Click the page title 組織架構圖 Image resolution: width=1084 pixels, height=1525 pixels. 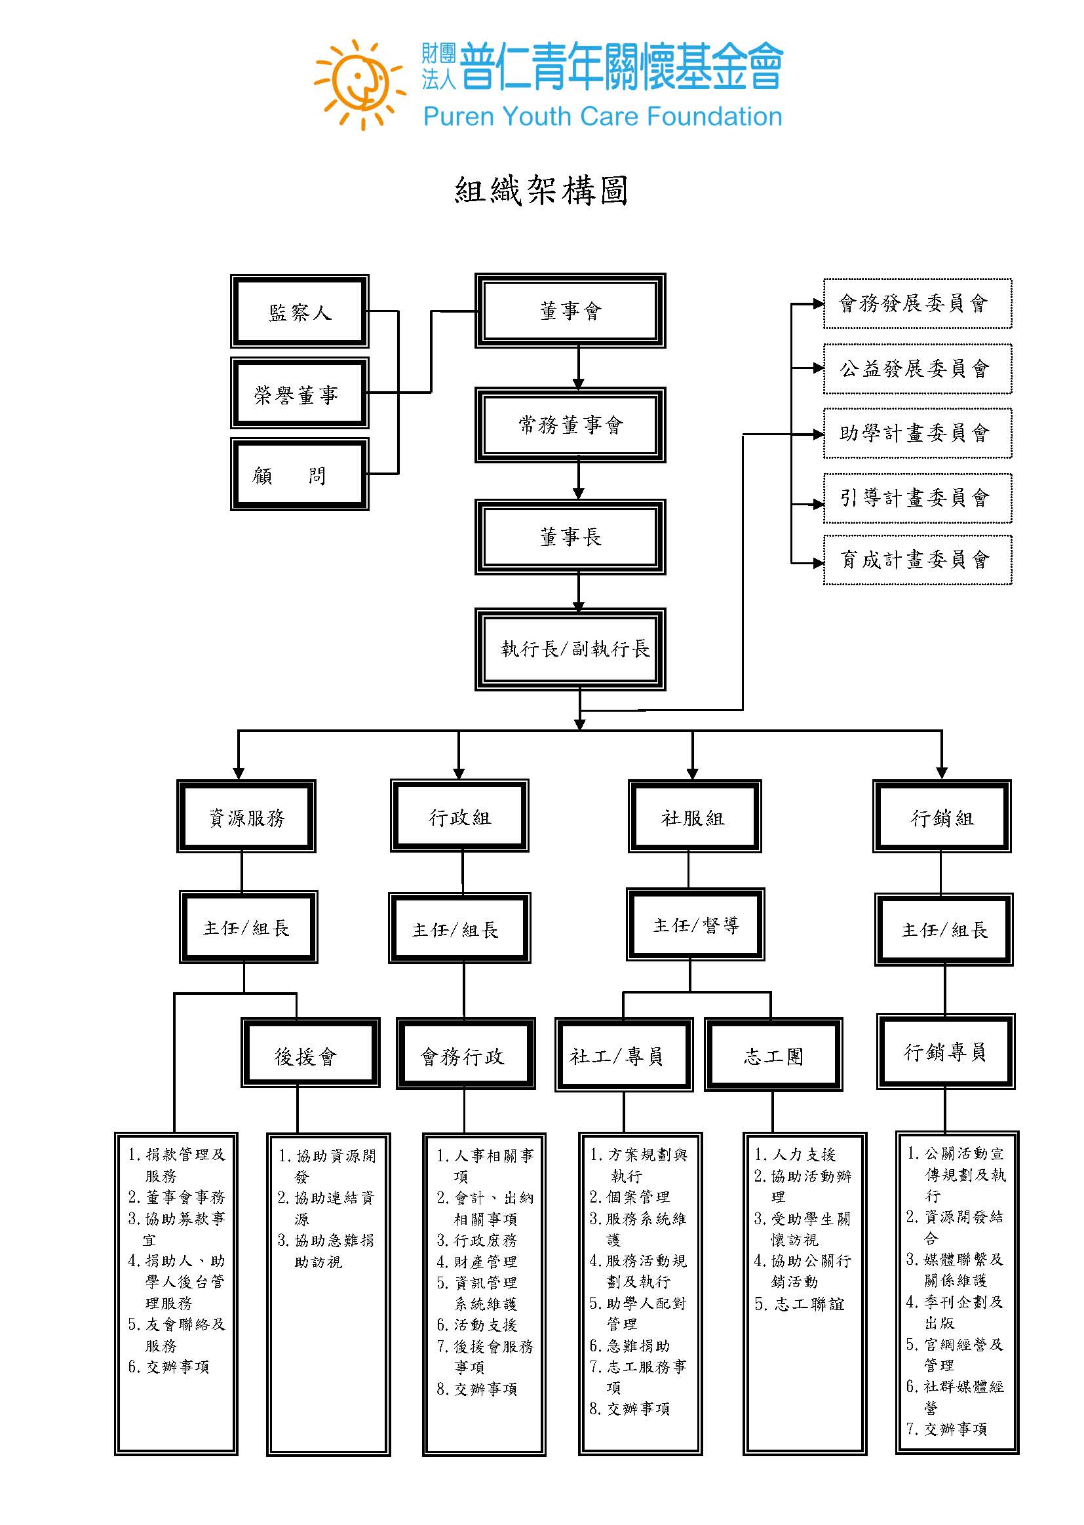541,191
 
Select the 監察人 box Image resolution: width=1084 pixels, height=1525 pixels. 300,311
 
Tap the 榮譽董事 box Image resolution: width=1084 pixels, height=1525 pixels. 300,393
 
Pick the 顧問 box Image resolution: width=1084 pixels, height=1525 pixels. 300,474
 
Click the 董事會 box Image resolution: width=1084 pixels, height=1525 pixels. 571,311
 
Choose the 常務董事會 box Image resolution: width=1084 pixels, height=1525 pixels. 571,425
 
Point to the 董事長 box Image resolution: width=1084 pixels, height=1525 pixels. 571,537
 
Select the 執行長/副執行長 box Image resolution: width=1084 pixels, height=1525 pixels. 571,649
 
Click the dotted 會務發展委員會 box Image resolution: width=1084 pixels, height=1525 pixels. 918,303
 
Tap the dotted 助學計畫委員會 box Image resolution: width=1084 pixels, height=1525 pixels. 918,433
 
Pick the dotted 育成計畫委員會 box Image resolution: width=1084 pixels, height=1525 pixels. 918,560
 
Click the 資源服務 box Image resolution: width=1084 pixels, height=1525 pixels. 246,816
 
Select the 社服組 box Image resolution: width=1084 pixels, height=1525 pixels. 694,816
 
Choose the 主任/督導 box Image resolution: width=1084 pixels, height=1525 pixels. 695,924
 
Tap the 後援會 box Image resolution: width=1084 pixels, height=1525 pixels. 311,1053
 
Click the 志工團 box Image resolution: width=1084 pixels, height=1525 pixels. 773,1054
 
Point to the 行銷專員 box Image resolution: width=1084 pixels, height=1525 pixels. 946,1051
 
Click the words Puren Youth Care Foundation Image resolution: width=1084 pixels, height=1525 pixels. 603,117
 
